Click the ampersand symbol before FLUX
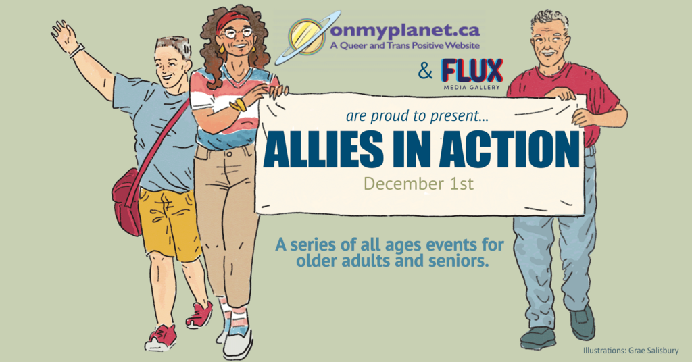[x=426, y=71]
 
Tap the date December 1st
[x=418, y=183]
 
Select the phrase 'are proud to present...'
[x=417, y=116]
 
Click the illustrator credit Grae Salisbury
[x=650, y=351]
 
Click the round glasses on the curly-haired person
[x=238, y=32]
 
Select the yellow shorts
[x=170, y=224]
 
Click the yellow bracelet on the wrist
[x=239, y=105]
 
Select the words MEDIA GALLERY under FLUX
[x=472, y=87]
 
